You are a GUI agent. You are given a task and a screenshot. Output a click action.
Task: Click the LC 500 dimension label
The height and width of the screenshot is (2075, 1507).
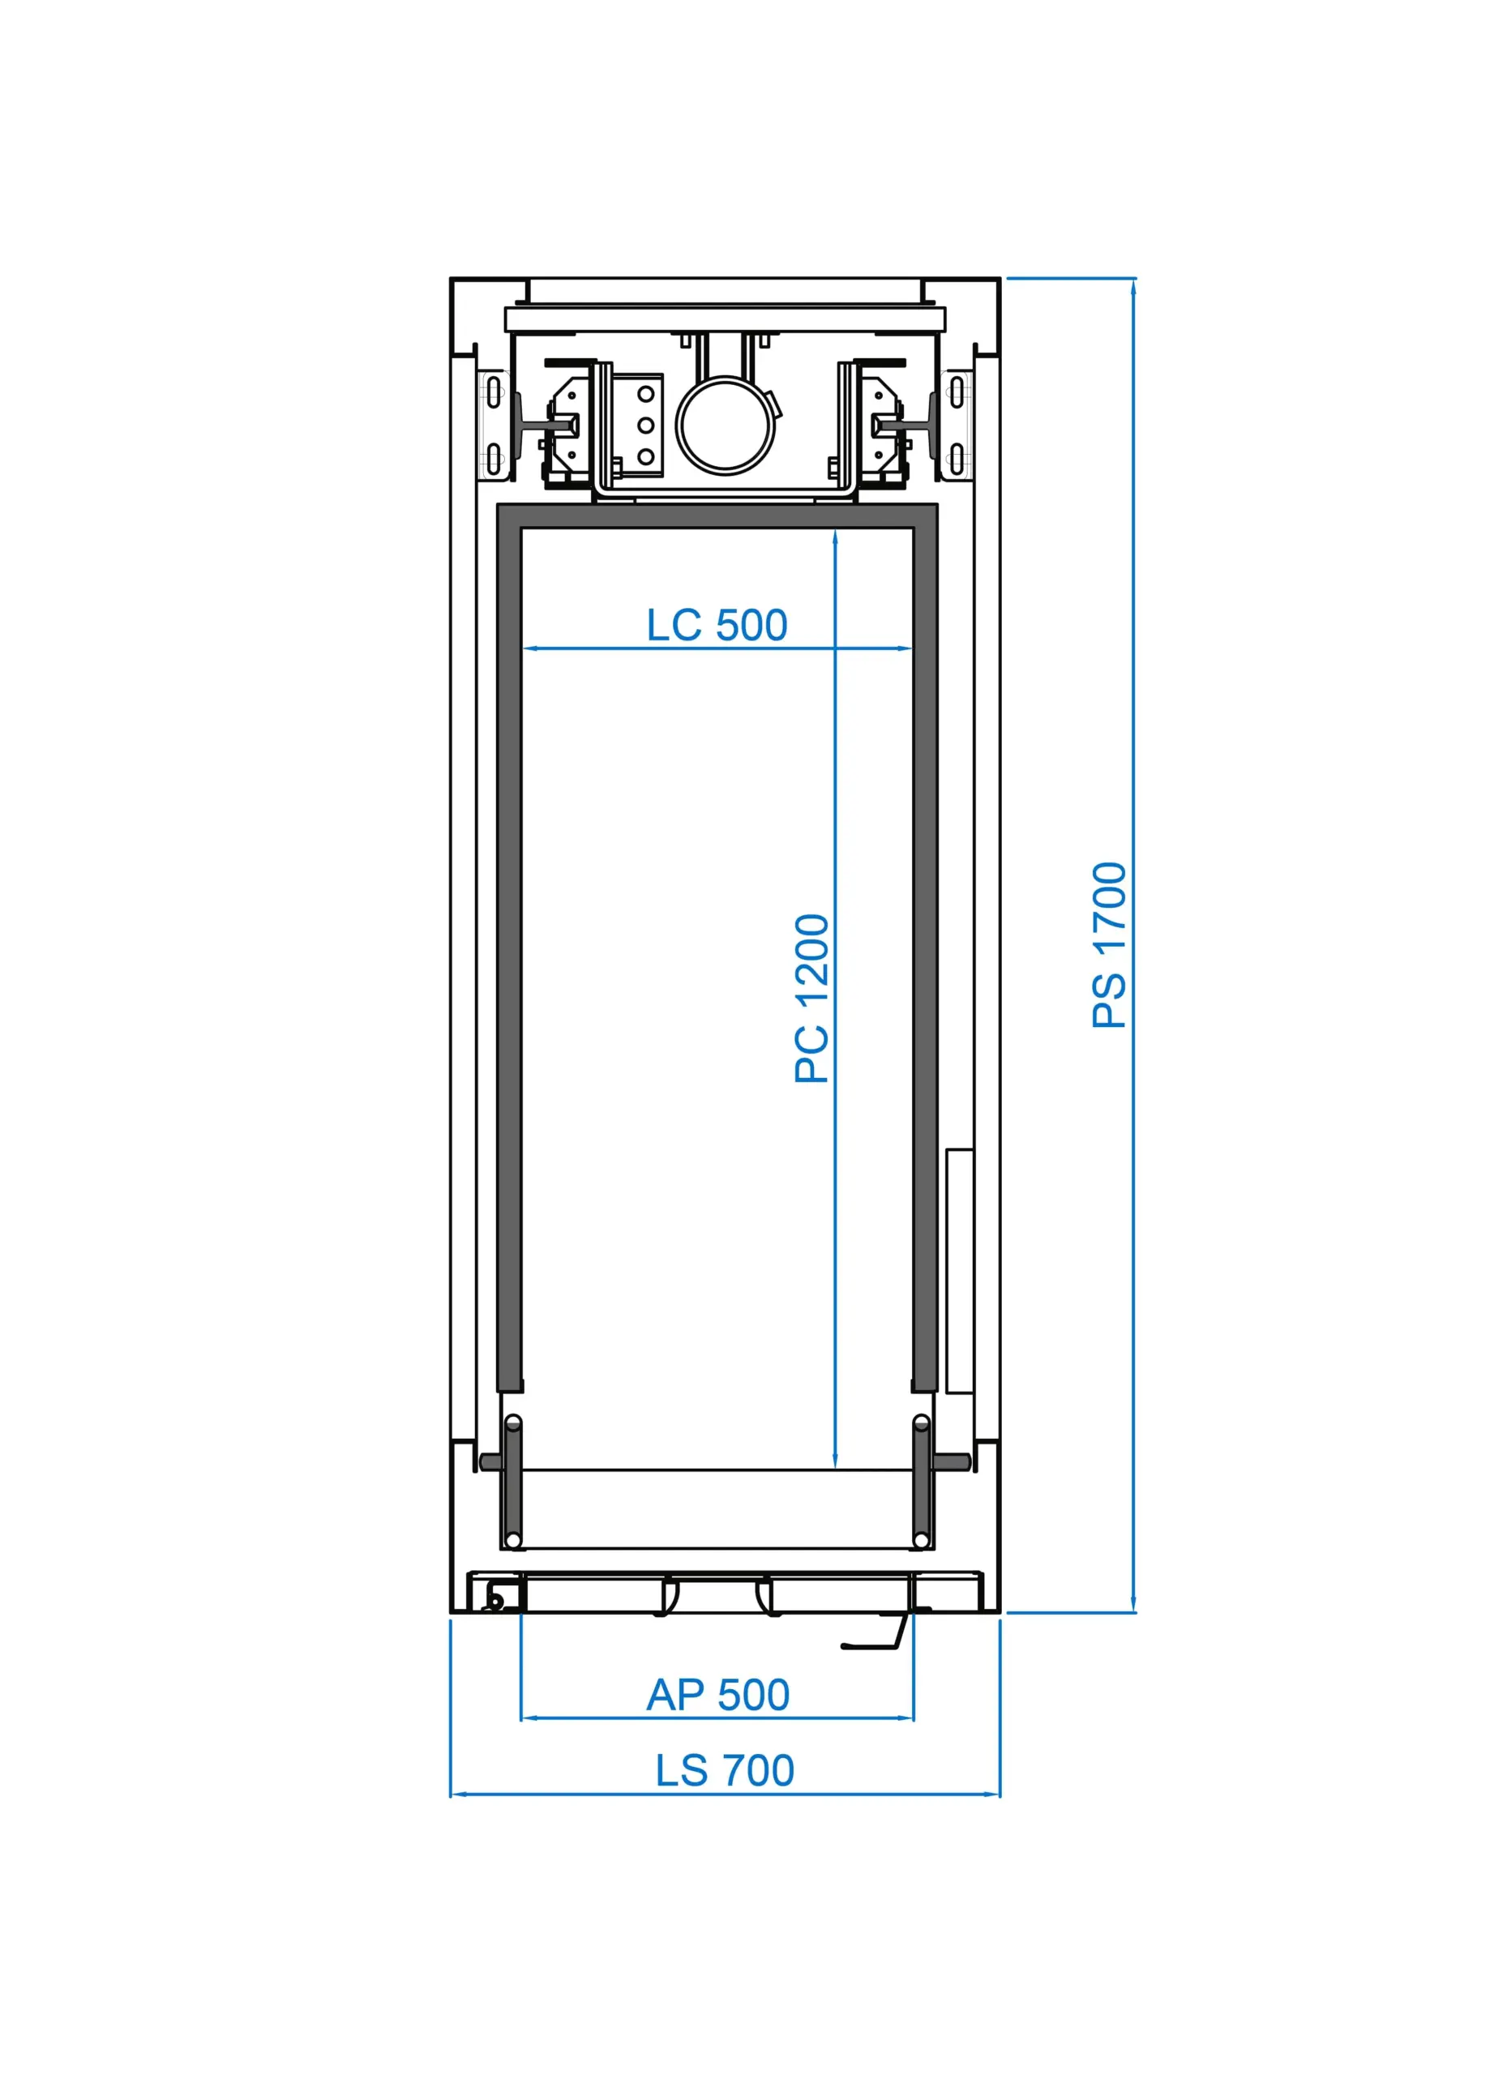coord(717,626)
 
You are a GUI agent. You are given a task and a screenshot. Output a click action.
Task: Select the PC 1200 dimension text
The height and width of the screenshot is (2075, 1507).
coord(811,999)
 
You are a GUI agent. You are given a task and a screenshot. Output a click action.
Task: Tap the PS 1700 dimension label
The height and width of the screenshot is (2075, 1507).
coord(1109,945)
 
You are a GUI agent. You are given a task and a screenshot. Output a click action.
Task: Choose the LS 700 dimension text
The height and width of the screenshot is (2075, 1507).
coord(725,1770)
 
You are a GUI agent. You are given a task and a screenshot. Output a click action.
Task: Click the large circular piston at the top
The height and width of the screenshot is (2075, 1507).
coord(726,426)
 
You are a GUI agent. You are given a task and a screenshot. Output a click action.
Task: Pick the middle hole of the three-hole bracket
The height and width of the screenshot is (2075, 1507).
coord(646,426)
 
